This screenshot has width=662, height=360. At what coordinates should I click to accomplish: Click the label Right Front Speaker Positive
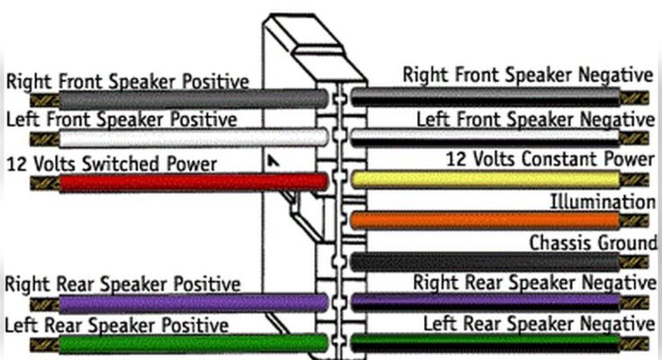[127, 81]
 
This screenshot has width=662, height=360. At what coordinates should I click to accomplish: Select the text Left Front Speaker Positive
[122, 119]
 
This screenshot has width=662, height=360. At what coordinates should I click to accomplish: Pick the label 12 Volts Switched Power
[112, 164]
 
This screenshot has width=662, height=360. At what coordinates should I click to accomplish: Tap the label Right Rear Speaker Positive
[122, 284]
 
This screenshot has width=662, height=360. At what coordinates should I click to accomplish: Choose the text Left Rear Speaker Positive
[117, 324]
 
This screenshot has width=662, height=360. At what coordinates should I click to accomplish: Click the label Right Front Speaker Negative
[528, 75]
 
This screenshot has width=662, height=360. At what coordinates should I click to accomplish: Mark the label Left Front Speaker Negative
[535, 119]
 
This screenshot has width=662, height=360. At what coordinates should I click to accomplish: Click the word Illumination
[603, 202]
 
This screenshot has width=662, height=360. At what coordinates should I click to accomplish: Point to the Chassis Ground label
[593, 243]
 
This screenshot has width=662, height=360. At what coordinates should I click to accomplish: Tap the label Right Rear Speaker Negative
[534, 283]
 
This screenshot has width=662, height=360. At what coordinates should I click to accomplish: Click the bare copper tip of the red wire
[43, 183]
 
